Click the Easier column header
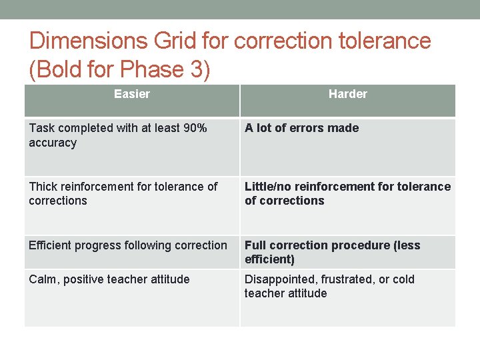pos(131,94)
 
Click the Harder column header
pos(347,94)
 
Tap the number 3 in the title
pos(201,69)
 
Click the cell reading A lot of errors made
pos(301,128)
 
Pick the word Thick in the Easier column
pos(43,187)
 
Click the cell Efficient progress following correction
pos(128,245)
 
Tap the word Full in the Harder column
pos(257,245)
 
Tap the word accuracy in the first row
pos(53,143)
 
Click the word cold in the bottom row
pos(401,279)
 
